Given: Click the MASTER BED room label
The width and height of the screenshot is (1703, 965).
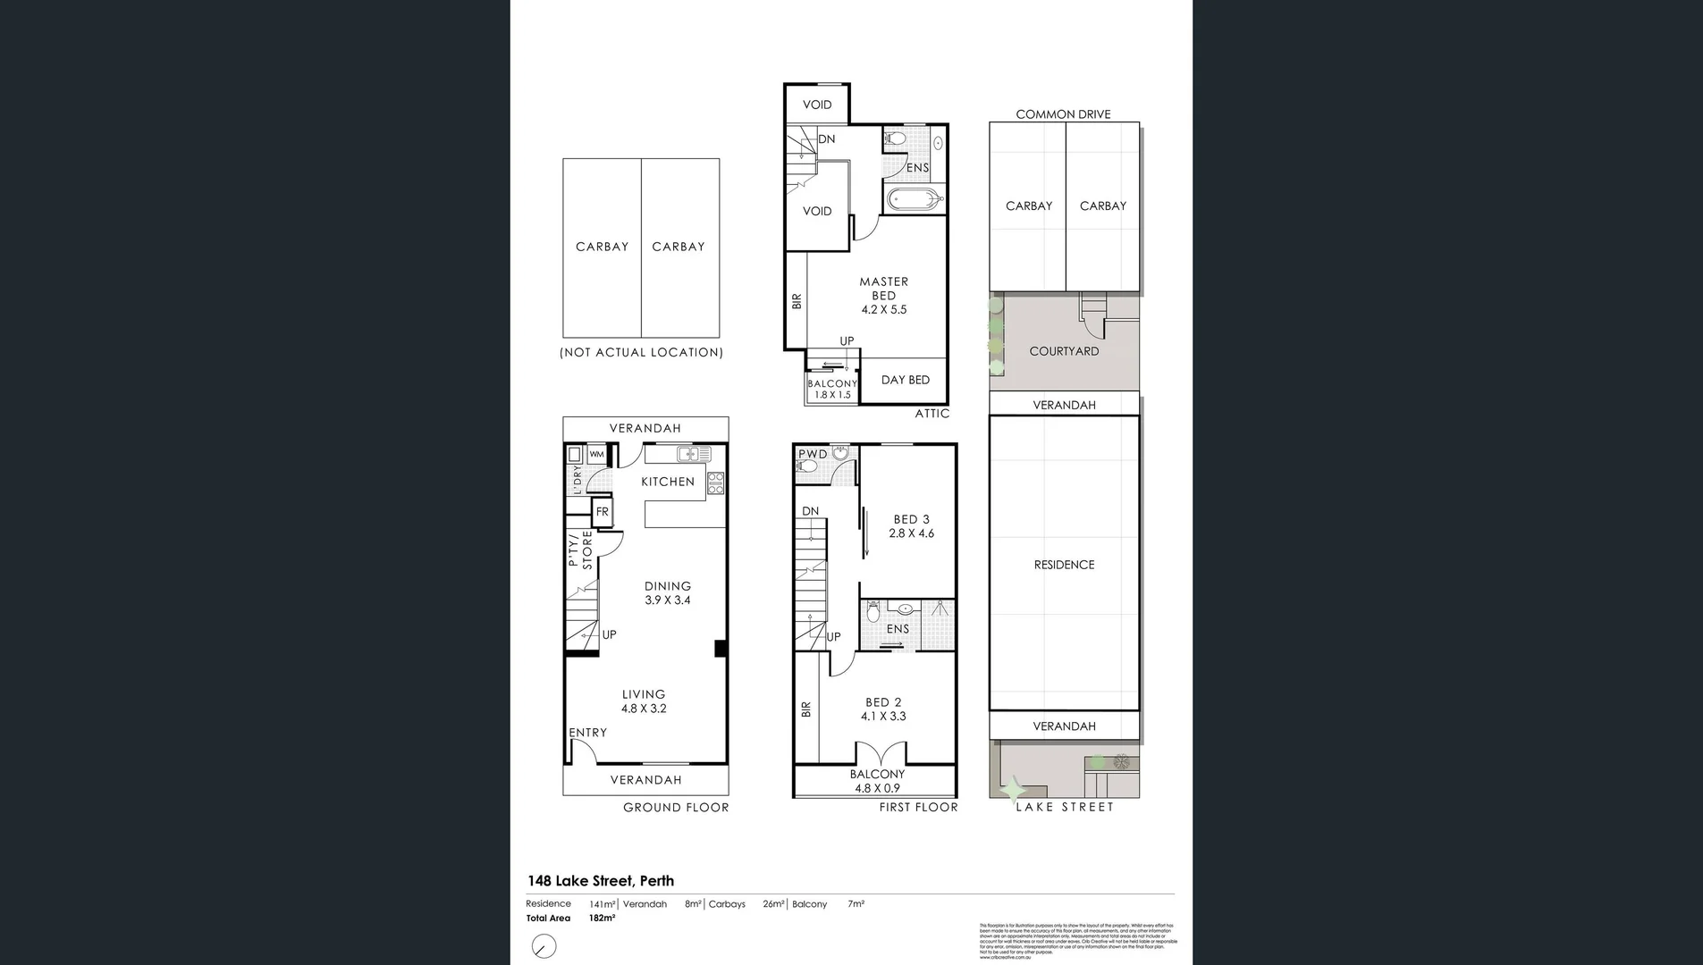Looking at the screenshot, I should pyautogui.click(x=883, y=289).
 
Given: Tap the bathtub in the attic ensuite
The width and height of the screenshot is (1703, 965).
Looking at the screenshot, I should pyautogui.click(x=914, y=199).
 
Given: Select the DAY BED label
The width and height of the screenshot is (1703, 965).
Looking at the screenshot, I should pyautogui.click(x=905, y=380).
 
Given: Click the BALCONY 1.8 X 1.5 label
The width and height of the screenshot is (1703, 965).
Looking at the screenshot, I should pyautogui.click(x=832, y=389).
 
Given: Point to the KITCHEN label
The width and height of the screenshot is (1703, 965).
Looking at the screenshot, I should pyautogui.click(x=668, y=482).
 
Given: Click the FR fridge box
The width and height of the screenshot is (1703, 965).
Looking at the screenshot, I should pyautogui.click(x=603, y=512).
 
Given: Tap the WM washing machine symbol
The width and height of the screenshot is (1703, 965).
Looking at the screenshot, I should pyautogui.click(x=596, y=455).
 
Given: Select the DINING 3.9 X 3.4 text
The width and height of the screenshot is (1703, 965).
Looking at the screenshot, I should pyautogui.click(x=668, y=593).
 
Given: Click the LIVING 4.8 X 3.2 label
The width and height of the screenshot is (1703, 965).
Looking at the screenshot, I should pyautogui.click(x=644, y=701).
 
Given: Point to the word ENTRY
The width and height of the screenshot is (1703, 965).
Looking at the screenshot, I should pyautogui.click(x=588, y=733).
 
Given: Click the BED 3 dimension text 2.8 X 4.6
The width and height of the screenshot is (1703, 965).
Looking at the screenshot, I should pyautogui.click(x=911, y=533).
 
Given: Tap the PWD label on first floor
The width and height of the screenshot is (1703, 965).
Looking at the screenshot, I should pyautogui.click(x=813, y=454).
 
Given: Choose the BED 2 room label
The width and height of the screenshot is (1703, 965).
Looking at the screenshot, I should pyautogui.click(x=883, y=702).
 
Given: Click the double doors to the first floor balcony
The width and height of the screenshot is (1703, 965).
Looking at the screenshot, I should pyautogui.click(x=876, y=754).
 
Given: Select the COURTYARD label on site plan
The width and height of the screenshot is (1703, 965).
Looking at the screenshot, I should pyautogui.click(x=1064, y=351).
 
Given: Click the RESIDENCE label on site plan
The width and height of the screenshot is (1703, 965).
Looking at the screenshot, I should pyautogui.click(x=1064, y=565).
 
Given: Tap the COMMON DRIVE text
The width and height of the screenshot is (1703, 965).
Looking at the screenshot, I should pyautogui.click(x=1063, y=114).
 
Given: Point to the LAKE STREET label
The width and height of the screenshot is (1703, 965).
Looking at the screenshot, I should pyautogui.click(x=1064, y=807).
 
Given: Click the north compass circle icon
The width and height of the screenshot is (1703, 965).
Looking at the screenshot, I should pyautogui.click(x=544, y=946).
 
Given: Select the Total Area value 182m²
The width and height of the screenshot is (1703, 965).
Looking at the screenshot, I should pyautogui.click(x=602, y=919).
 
